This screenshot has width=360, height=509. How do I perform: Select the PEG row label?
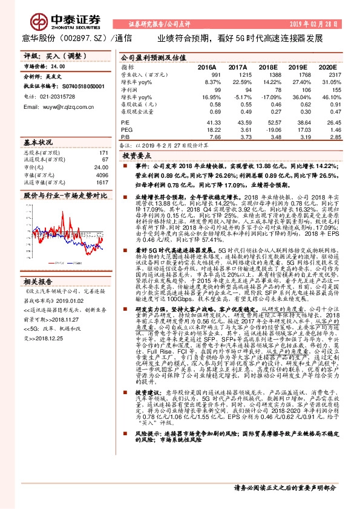(x=127, y=129)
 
